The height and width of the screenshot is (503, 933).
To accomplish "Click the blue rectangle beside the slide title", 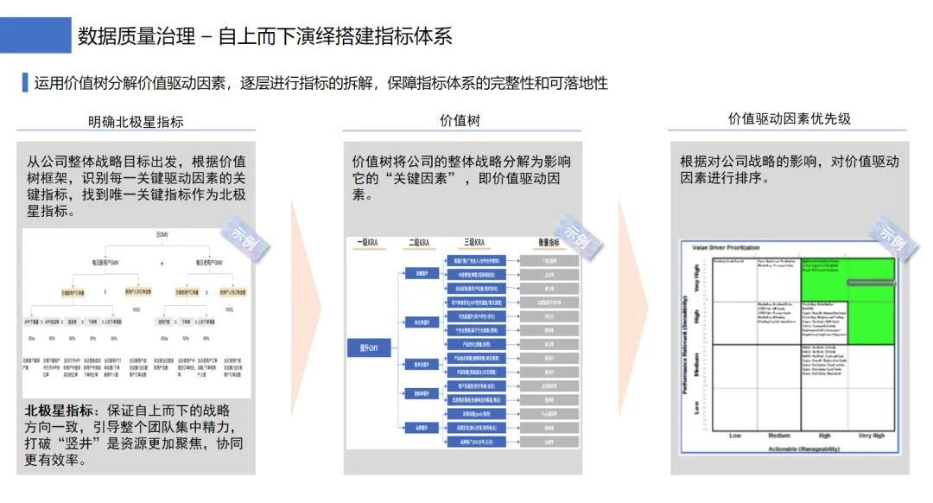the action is [35, 35].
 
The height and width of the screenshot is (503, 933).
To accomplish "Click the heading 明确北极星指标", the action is [136, 122].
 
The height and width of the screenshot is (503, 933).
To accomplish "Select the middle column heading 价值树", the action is [460, 121].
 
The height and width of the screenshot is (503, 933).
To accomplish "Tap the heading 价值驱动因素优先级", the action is [789, 119].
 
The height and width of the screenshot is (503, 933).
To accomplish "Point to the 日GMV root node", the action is [162, 234].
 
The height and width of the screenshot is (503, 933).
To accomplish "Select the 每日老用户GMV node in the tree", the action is [209, 262].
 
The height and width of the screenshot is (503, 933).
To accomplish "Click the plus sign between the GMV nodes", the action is [162, 262].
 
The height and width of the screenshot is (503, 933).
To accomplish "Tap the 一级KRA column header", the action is [367, 243].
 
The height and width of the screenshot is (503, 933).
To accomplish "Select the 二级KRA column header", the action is [419, 243].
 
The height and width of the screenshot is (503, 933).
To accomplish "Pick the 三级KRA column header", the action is [474, 243].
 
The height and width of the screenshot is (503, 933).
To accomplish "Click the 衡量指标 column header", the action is [549, 243].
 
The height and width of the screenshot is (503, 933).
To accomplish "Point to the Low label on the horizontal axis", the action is [735, 436].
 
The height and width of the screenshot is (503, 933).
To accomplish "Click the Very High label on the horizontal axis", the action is [871, 436].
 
